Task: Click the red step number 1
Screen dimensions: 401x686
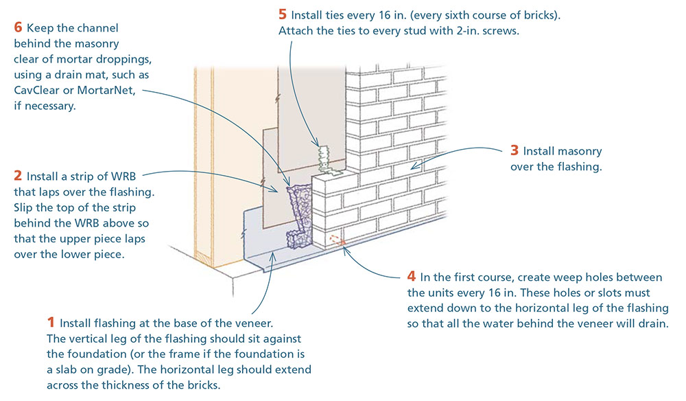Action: pos(50,322)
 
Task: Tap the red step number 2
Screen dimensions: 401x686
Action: pos(18,176)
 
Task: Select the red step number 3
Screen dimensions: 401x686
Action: pos(514,151)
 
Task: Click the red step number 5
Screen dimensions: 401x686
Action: pos(283,14)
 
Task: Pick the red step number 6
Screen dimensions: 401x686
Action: pos(18,28)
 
